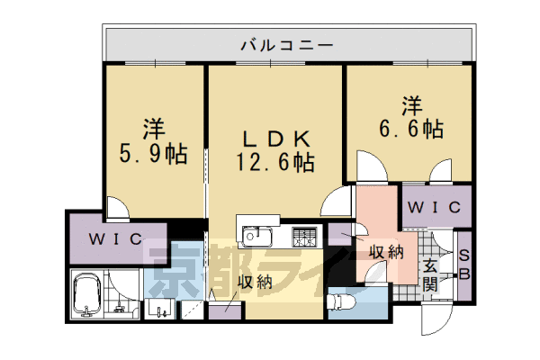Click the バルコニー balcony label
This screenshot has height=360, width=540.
pos(288,43)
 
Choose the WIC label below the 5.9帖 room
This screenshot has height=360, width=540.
pos(114,239)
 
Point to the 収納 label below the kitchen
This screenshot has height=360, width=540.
pos(255,283)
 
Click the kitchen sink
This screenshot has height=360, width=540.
pos(256,238)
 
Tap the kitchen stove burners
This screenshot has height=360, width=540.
pos(305,238)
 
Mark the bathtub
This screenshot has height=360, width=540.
pos(87,294)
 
